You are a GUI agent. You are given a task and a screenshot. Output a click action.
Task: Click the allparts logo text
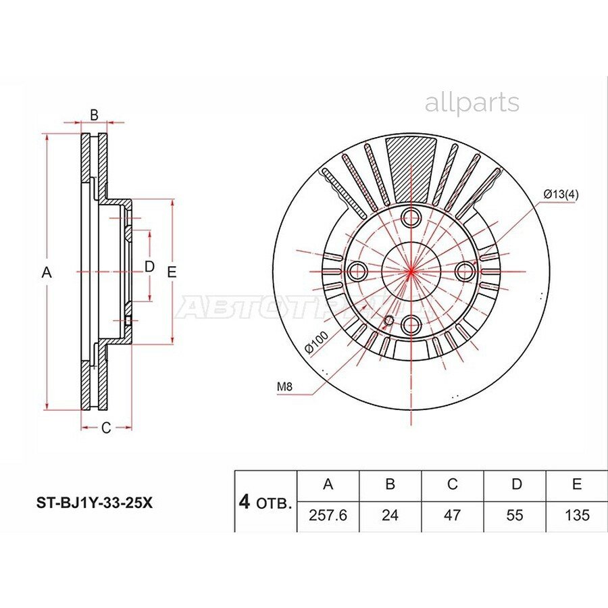[472, 103]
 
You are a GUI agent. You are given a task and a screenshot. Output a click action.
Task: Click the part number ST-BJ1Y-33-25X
[94, 503]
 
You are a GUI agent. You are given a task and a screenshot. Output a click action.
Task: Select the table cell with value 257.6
[328, 515]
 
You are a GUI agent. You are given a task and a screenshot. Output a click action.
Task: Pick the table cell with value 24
[390, 515]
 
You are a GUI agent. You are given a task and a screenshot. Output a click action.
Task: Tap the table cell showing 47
[452, 515]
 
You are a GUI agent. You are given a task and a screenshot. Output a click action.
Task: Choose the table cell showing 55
[515, 515]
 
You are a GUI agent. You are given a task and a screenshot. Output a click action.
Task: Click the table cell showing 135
[577, 515]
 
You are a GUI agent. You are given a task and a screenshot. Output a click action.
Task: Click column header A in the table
[328, 484]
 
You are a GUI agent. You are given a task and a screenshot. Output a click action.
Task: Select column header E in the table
[577, 484]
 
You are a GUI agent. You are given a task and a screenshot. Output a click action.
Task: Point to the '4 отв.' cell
[265, 502]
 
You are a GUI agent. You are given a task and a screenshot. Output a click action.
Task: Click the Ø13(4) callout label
[560, 195]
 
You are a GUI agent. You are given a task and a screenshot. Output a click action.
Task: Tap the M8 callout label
[284, 387]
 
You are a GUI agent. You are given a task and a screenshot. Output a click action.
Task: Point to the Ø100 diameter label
[316, 342]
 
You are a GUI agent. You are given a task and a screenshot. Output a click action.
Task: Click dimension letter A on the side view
[47, 272]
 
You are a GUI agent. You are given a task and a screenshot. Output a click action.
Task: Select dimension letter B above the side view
[95, 116]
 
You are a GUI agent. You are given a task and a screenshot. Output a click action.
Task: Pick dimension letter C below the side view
[106, 428]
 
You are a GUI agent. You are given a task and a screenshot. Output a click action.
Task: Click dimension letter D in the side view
[150, 267]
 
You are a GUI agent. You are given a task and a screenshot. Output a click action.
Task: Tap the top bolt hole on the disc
[411, 218]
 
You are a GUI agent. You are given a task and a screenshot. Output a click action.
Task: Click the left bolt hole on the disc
[357, 272]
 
